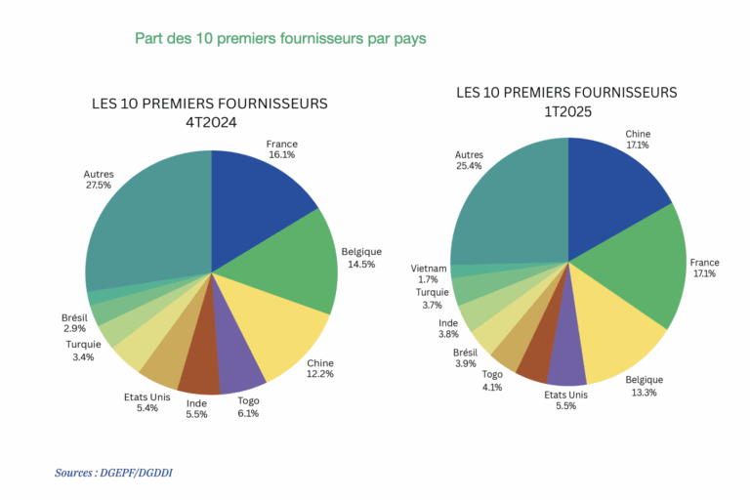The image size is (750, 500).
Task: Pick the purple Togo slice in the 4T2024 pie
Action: click(x=238, y=361)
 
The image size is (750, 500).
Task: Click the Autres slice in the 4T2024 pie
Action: click(x=146, y=229)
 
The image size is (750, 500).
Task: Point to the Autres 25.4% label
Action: click(x=469, y=160)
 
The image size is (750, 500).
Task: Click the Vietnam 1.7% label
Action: click(x=429, y=273)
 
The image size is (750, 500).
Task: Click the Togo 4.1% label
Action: click(x=491, y=380)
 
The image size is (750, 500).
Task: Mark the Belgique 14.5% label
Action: click(x=361, y=258)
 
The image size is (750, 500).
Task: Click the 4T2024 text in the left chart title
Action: click(x=211, y=122)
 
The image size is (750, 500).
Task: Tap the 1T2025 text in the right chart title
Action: click(x=567, y=111)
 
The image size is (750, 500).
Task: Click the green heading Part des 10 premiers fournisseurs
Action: click(x=280, y=39)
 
